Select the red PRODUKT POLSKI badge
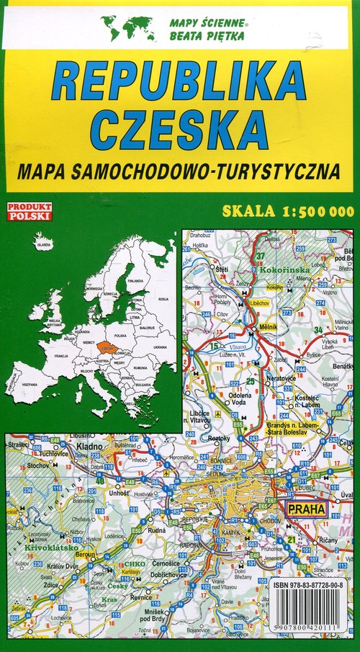pyautogui.click(x=28, y=211)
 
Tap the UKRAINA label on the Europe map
pyautogui.click(x=161, y=347)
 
